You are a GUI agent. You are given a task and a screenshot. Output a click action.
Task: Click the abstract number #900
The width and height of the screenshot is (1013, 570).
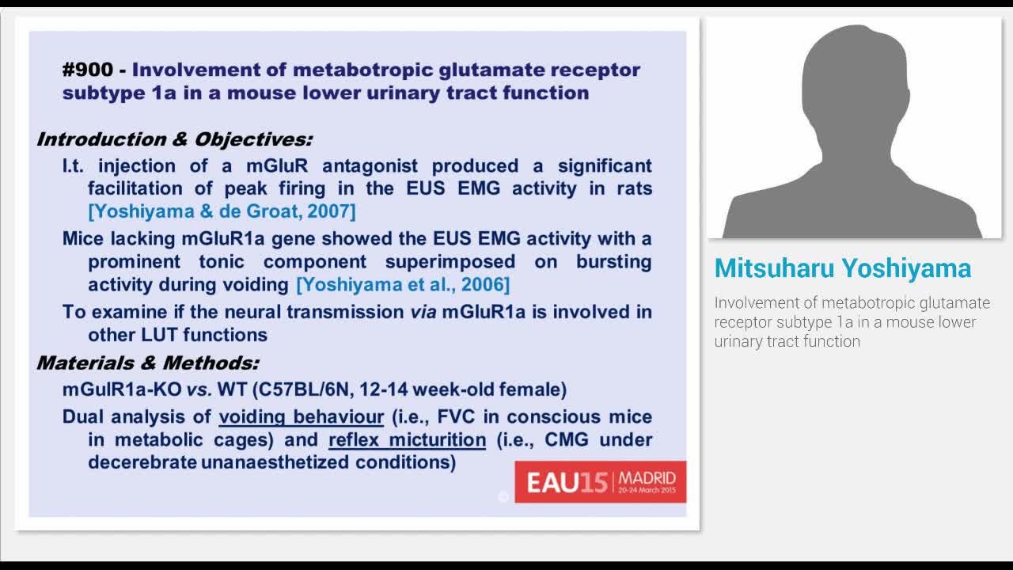[88, 70]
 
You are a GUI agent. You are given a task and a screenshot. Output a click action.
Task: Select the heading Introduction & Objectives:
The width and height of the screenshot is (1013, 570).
[174, 139]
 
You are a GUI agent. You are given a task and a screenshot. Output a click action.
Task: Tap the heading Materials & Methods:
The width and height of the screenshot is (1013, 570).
[147, 363]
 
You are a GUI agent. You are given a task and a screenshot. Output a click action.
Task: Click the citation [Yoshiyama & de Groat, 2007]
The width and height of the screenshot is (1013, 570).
[222, 211]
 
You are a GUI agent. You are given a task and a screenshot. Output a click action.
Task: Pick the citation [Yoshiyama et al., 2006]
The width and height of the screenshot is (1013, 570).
[403, 284]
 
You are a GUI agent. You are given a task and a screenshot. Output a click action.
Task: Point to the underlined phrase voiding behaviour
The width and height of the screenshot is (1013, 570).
[301, 416]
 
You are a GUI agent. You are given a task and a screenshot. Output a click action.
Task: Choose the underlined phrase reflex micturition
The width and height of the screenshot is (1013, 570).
[407, 439]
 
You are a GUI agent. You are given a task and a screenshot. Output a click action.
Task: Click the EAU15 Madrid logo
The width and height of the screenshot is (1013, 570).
[600, 481]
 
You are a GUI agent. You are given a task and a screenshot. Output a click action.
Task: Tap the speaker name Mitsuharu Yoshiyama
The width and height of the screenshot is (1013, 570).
[842, 268]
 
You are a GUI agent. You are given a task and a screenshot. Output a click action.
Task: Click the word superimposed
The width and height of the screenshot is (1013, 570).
[450, 261]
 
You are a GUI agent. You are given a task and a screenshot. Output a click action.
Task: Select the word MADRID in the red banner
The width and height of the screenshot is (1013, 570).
[647, 477]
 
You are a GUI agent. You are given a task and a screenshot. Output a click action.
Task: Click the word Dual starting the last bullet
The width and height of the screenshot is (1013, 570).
[83, 416]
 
